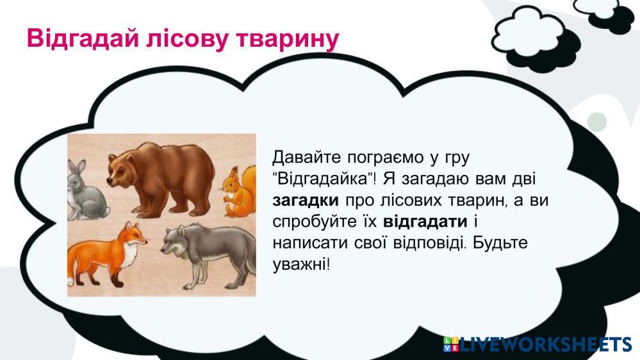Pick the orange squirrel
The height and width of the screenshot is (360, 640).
pos(240,191)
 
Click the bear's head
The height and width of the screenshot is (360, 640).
pos(121,168)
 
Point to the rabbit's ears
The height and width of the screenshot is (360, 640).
pos(76,167)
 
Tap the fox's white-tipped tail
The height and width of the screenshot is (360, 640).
pos(75,265)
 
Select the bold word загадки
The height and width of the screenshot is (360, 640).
pos(306,200)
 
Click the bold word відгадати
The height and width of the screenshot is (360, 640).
pos(425,222)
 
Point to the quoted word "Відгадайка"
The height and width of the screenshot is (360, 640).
pos(324,179)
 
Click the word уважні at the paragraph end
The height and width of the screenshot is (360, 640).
pos(301,265)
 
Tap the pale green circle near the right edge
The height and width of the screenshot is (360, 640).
pos(596,122)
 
